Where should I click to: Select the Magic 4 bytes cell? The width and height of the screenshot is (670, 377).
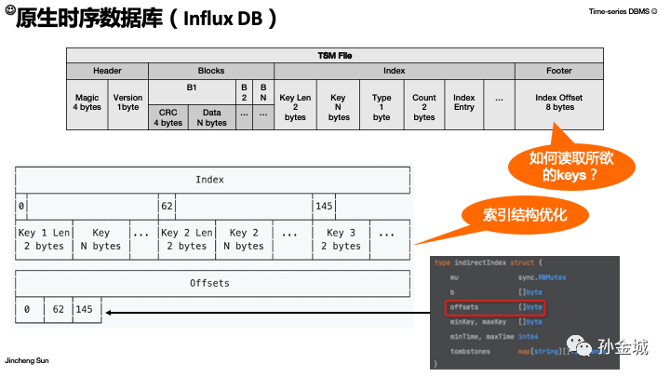[x=87, y=102]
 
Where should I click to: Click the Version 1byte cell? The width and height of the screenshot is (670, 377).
[x=127, y=102]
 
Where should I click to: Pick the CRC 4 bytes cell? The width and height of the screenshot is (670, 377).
[x=168, y=117]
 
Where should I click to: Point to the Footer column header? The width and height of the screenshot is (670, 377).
[x=558, y=71]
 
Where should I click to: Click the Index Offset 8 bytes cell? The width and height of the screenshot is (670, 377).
[x=558, y=101]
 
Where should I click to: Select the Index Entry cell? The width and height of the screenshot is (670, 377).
[x=463, y=102]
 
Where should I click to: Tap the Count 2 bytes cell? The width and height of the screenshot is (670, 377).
[x=423, y=107]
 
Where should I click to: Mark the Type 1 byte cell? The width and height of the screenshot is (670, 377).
[x=382, y=107]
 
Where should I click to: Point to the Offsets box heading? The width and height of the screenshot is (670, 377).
[x=210, y=282]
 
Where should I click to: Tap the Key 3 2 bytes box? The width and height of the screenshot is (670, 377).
[x=346, y=239]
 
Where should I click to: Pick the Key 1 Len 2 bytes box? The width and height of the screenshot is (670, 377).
[x=45, y=239]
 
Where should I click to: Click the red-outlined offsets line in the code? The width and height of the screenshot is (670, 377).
[x=494, y=306]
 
